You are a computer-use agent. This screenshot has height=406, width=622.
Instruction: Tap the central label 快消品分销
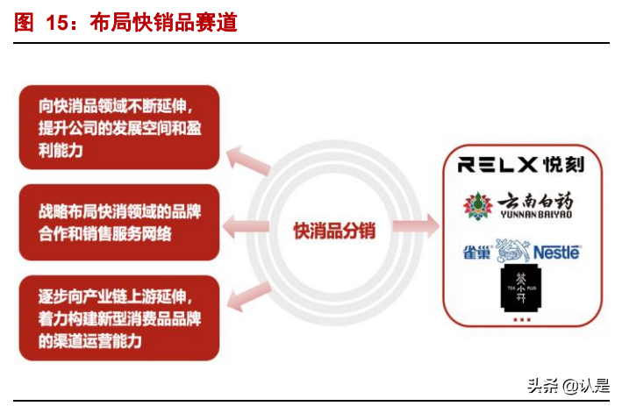point(334,231)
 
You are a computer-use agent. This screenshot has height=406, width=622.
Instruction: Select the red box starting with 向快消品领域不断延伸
point(118,127)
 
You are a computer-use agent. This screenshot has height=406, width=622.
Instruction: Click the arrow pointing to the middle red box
point(244,229)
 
